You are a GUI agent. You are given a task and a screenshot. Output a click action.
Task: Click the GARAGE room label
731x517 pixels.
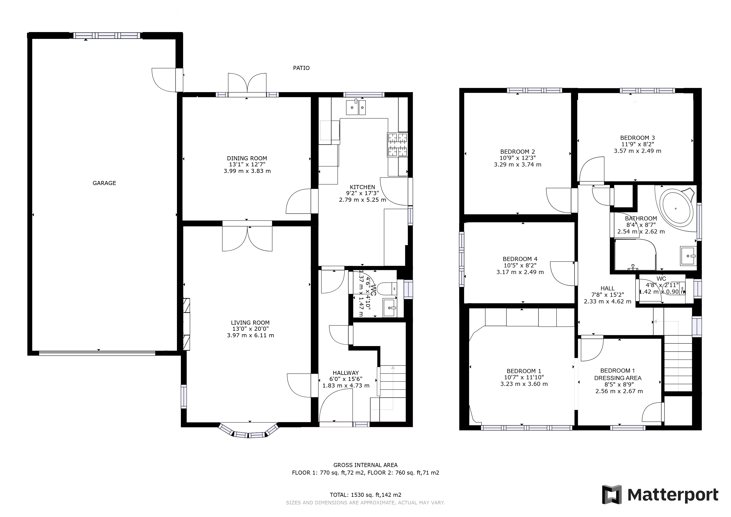pos(104,183)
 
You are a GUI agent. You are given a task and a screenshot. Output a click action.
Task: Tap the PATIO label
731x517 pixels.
pos(301,68)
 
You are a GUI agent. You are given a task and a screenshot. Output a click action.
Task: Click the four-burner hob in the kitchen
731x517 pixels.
pos(398,145)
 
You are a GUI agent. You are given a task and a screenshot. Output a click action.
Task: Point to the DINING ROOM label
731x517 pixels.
pos(247,158)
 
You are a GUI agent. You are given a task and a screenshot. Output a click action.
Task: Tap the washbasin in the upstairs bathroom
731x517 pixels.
pos(688,256)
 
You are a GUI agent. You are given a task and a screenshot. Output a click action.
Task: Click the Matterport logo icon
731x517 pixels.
pos(612,494)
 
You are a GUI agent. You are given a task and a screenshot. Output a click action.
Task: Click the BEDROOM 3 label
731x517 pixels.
pos(637,138)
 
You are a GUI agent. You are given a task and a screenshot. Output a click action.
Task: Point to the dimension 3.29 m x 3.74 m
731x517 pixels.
pos(517,165)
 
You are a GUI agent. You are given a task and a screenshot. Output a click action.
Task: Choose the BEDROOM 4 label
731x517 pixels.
pos(520,259)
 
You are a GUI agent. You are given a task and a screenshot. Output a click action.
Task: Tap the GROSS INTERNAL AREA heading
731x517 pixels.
pos(365,465)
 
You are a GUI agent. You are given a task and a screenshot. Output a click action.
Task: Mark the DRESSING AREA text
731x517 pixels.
pos(618,378)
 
